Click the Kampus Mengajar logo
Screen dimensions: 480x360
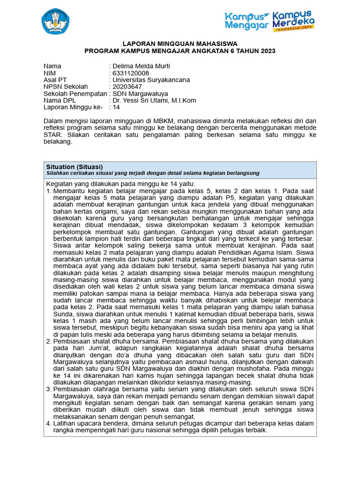coord(247,21)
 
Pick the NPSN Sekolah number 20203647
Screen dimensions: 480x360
coord(127,87)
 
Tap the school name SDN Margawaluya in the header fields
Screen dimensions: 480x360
coord(141,93)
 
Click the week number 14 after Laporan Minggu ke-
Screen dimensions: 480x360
coord(117,107)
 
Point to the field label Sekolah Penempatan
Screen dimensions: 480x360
coord(75,93)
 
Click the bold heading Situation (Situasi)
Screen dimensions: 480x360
coord(75,166)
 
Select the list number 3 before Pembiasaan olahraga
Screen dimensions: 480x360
coord(48,389)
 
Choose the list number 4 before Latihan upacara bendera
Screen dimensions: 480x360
coord(48,423)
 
